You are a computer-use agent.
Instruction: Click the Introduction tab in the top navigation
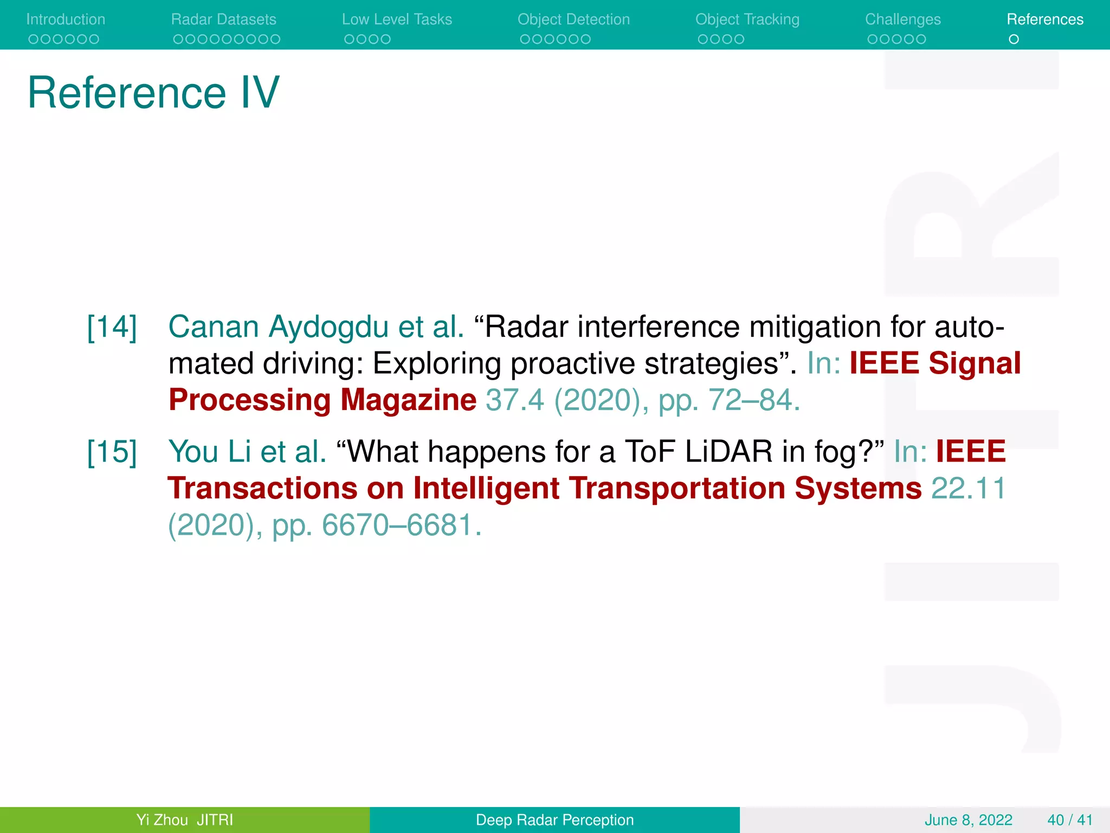[x=66, y=20]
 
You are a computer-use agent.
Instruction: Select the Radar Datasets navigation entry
[x=223, y=20]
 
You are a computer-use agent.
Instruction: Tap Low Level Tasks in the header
[x=397, y=20]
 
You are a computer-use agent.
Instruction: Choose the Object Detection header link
[x=573, y=20]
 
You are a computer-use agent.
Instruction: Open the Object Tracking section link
[x=747, y=20]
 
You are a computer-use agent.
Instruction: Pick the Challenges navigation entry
[x=902, y=20]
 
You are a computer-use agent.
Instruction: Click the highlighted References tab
[x=1044, y=20]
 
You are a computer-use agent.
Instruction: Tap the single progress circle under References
[x=1014, y=39]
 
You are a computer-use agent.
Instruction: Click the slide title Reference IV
[x=153, y=93]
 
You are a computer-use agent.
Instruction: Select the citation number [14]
[x=112, y=327]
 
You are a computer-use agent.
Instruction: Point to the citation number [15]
[x=112, y=452]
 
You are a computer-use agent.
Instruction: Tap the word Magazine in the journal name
[x=408, y=400]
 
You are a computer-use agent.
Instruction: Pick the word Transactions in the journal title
[x=262, y=488]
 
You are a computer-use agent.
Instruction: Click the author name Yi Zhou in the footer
[x=162, y=819]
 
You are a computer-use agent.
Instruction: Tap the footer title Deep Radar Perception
[x=554, y=819]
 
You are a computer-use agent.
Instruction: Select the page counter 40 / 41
[x=1069, y=819]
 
